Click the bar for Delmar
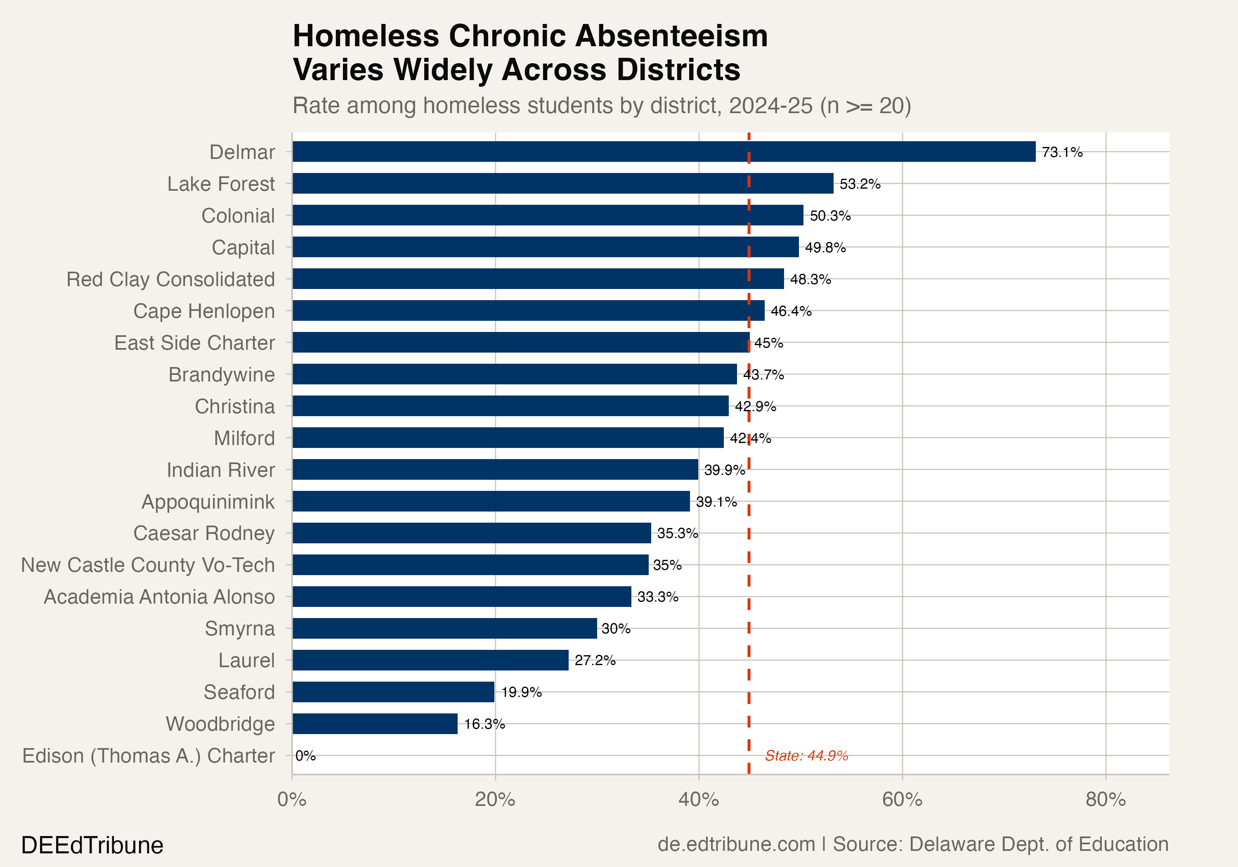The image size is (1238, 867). pyautogui.click(x=663, y=152)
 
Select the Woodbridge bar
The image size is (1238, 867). pyautogui.click(x=375, y=723)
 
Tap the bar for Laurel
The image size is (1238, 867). pyautogui.click(x=430, y=660)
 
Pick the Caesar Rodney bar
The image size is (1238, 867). pyautogui.click(x=471, y=533)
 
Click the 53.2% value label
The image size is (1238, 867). pyautogui.click(x=860, y=184)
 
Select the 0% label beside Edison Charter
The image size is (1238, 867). pyautogui.click(x=305, y=756)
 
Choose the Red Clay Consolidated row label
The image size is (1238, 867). pyautogui.click(x=170, y=280)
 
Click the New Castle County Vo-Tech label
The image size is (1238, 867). pyautogui.click(x=148, y=565)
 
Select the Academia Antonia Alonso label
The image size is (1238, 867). pyautogui.click(x=159, y=597)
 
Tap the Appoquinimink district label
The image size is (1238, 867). pyautogui.click(x=208, y=502)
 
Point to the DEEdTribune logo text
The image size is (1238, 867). pyautogui.click(x=92, y=845)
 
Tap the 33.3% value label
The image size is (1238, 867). pyautogui.click(x=657, y=597)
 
